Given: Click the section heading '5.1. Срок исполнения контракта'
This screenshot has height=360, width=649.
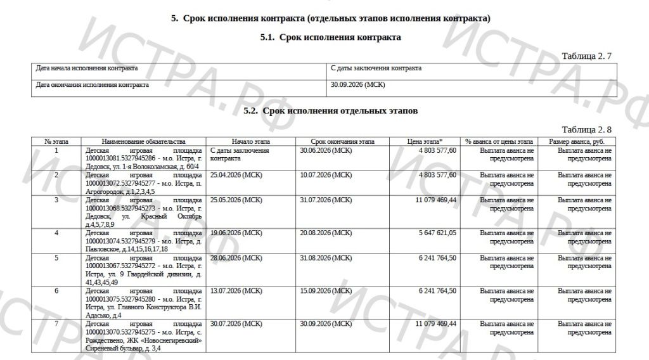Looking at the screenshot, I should (x=330, y=38).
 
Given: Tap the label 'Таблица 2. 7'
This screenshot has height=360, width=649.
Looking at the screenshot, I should (x=586, y=56).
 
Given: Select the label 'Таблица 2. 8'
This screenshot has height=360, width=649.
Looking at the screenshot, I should (x=586, y=129).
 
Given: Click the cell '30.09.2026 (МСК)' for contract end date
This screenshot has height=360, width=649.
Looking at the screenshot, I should (x=357, y=84).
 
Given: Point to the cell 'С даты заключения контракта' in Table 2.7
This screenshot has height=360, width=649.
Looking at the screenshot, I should (x=376, y=68).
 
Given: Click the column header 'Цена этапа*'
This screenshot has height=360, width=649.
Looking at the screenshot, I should (x=424, y=141).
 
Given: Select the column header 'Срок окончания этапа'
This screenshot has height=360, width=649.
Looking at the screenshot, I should (x=342, y=141).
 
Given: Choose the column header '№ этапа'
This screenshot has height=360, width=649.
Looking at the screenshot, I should (x=56, y=141).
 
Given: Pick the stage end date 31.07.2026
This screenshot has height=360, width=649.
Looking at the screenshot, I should (x=326, y=200).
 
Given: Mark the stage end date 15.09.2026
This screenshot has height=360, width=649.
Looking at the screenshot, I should (x=326, y=291).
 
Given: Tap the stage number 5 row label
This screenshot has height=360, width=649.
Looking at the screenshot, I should (x=56, y=258).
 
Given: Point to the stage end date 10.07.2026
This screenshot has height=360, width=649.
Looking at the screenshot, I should (x=326, y=175).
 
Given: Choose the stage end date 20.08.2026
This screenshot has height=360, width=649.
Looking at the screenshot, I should (x=326, y=233).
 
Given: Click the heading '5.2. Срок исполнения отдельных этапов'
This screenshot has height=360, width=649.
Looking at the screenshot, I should (x=330, y=111).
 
